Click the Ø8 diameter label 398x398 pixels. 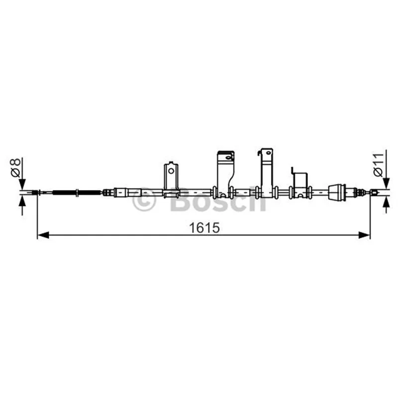click(15, 168)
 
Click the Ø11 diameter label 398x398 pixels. click(378, 165)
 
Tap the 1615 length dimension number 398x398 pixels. click(204, 228)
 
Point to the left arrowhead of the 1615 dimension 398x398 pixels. click(43, 235)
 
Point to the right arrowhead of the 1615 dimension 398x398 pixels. click(364, 235)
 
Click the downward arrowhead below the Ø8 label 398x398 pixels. click(22, 184)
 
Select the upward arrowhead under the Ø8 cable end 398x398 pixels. click(22, 201)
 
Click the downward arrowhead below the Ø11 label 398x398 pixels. click(386, 183)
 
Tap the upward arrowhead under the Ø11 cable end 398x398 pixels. click(386, 202)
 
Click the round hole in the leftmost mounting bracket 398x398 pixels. click(171, 171)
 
